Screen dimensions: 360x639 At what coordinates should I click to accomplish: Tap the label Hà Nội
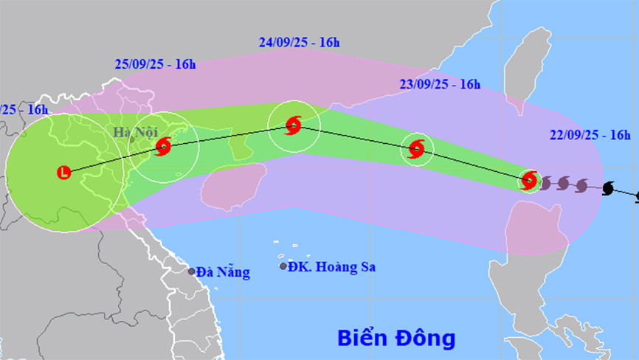134,132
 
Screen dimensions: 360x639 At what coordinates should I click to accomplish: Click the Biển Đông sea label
396,339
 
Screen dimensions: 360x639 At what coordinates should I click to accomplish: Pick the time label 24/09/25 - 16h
300,42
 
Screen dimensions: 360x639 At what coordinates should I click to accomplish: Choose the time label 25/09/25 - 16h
156,64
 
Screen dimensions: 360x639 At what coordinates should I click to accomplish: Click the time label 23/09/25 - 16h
440,83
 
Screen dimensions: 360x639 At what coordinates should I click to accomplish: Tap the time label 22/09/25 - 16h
590,134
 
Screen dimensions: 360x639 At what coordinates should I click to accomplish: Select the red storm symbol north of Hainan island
293,125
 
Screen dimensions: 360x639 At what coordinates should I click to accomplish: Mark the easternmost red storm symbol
528,180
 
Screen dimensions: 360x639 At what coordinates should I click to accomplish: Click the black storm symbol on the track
608,189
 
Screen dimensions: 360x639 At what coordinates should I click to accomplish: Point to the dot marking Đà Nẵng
191,271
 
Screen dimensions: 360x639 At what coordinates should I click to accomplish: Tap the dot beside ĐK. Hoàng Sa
283,266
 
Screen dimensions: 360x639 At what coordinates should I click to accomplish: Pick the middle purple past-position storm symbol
564,183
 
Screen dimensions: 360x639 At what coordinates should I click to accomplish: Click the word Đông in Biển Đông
428,339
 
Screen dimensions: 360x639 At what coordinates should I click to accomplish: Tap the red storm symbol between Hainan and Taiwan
416,150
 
